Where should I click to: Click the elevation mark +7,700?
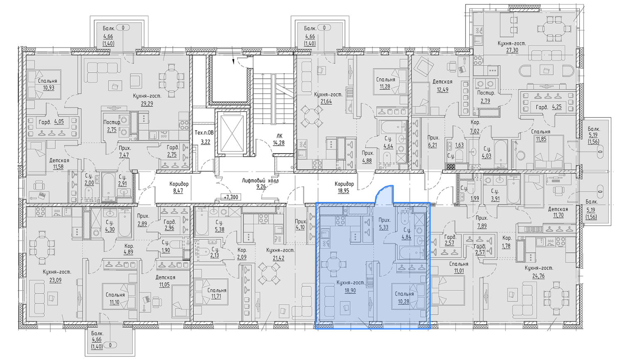pos(231,197)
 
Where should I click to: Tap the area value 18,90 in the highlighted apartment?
pos(350,290)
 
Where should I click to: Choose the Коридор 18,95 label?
pos(344,187)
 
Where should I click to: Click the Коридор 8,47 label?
pos(179,187)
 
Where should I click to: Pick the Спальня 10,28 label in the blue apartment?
pos(404,298)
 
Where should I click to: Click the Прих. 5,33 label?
pos(384,224)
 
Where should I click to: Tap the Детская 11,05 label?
pos(166,281)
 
